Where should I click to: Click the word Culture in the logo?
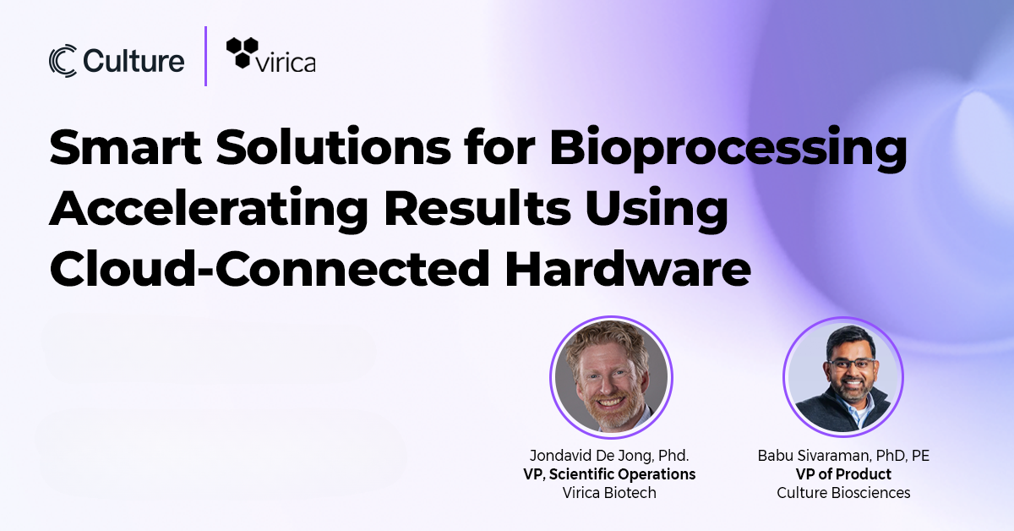(x=134, y=61)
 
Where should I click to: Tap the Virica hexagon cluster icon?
(x=243, y=53)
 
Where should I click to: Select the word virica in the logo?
(x=286, y=63)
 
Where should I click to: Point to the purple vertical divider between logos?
(x=206, y=56)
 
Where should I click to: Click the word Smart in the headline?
(x=125, y=147)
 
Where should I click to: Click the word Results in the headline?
(x=477, y=208)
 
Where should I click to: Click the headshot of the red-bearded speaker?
(x=611, y=377)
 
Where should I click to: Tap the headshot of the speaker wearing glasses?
(x=843, y=377)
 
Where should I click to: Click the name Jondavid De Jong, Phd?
(x=609, y=456)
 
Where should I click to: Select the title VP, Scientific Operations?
(x=609, y=474)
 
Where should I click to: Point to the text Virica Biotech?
(x=609, y=492)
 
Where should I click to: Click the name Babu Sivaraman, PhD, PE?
(x=843, y=456)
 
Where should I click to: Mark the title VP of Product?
(x=843, y=474)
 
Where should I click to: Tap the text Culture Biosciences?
(x=843, y=492)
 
